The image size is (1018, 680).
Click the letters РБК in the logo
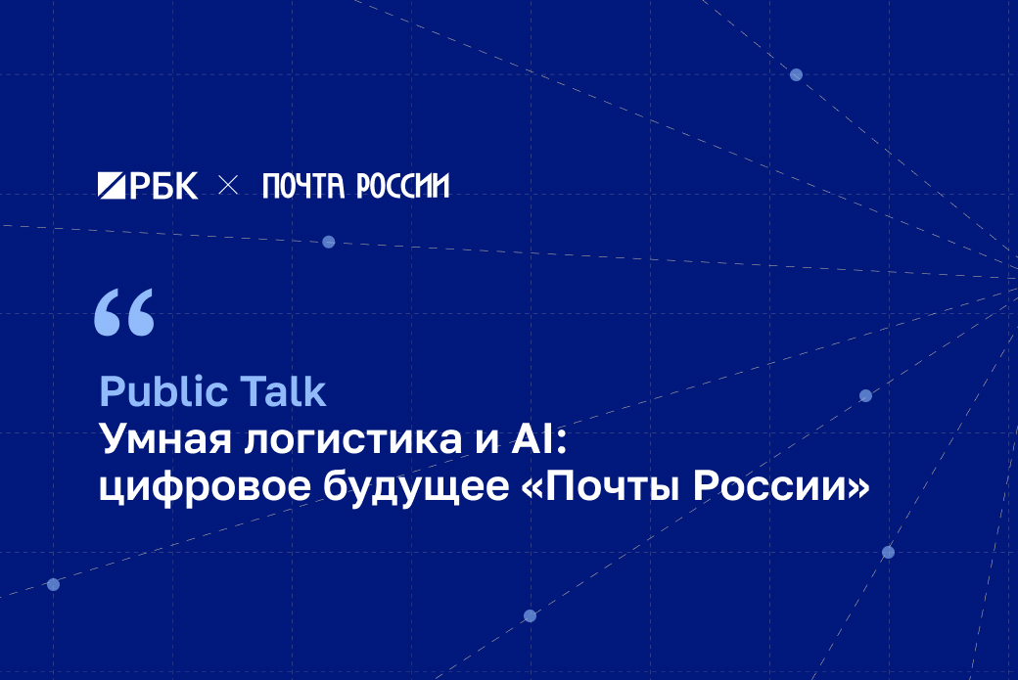click(163, 186)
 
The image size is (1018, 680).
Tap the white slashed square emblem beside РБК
click(112, 186)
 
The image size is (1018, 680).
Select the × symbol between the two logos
click(228, 186)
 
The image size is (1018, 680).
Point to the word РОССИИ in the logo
click(402, 186)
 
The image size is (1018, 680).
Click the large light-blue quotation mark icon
click(124, 312)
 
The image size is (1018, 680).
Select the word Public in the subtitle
click(162, 392)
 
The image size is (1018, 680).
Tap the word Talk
click(283, 391)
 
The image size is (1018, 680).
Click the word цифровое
click(205, 487)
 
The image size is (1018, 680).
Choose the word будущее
click(416, 487)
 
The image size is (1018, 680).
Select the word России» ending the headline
click(781, 486)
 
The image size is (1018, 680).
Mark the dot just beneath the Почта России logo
click(329, 242)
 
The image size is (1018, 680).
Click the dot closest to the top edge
click(796, 74)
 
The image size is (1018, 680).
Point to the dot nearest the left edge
click(53, 585)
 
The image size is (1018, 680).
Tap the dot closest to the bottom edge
click(530, 615)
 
